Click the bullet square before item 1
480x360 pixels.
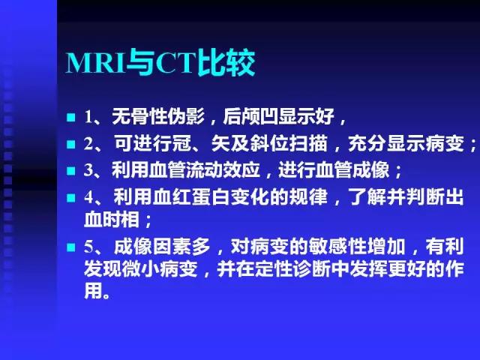pos(70,118)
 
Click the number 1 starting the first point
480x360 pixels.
pos(88,118)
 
